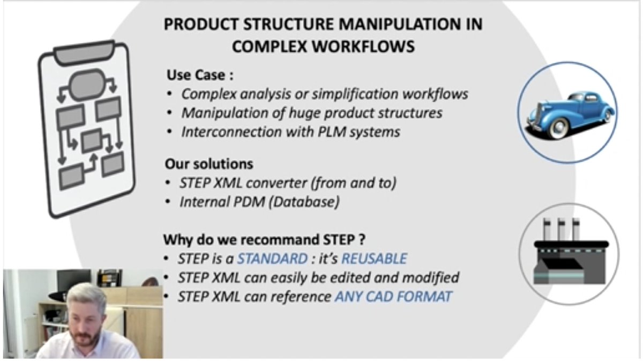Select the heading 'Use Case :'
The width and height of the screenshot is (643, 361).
[200, 74]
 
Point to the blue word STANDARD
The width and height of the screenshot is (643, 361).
[272, 258]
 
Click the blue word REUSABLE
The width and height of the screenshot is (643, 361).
[374, 258]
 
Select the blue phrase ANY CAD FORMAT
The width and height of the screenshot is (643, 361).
[393, 296]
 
